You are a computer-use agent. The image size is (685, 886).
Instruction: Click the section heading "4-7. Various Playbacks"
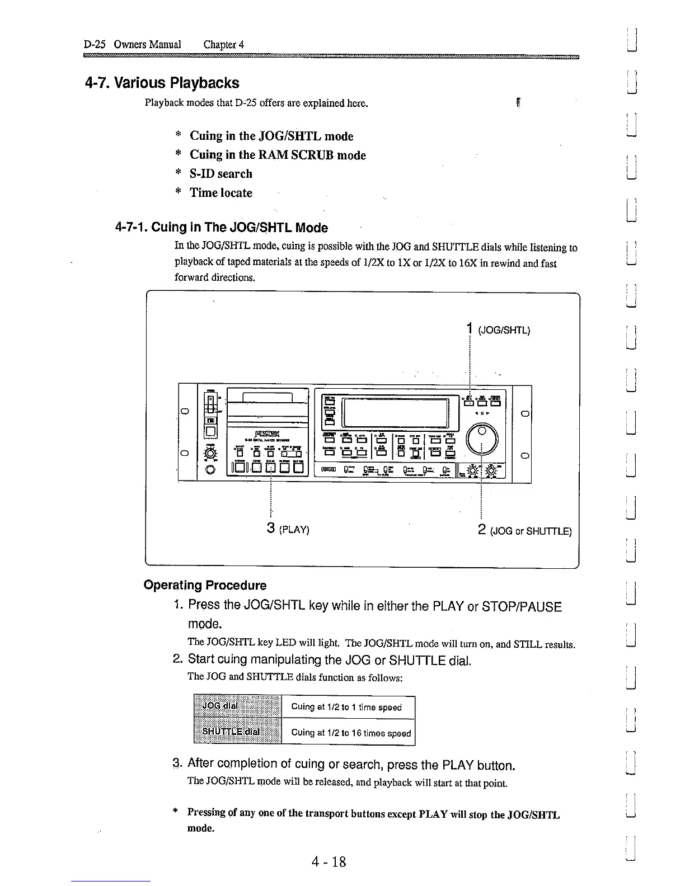162,83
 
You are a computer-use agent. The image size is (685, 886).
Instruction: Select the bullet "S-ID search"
220,173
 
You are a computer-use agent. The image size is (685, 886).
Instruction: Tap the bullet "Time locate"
220,192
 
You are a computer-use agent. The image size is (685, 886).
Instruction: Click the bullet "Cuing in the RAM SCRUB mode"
278,155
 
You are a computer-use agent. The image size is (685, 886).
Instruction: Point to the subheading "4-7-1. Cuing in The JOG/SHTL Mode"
221,227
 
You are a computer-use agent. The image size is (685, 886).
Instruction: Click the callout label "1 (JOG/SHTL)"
498,329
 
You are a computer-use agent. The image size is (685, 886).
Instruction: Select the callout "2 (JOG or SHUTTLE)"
524,531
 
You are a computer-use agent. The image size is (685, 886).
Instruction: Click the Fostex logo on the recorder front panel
270,432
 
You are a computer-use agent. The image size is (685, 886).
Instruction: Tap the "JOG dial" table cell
237,706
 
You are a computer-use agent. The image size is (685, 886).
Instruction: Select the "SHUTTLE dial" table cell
237,732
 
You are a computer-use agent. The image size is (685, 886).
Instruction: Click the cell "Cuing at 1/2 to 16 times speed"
350,733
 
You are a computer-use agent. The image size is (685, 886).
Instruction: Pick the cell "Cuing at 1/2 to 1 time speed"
346,707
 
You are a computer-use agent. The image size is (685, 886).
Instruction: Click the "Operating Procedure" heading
205,585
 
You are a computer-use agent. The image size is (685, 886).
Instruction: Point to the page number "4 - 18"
330,861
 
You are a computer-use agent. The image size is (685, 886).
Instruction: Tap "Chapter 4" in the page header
224,44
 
